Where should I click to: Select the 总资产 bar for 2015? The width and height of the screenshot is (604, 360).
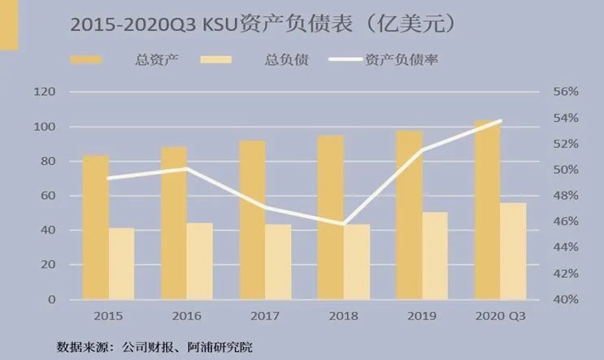pos(95,228)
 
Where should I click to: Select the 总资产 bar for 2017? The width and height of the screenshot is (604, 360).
pos(252,219)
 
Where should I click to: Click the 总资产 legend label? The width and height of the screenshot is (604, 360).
pos(154,59)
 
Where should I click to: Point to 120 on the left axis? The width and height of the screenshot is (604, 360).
pos(45,93)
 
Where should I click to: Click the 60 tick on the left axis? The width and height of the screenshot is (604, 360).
pos(49,196)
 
